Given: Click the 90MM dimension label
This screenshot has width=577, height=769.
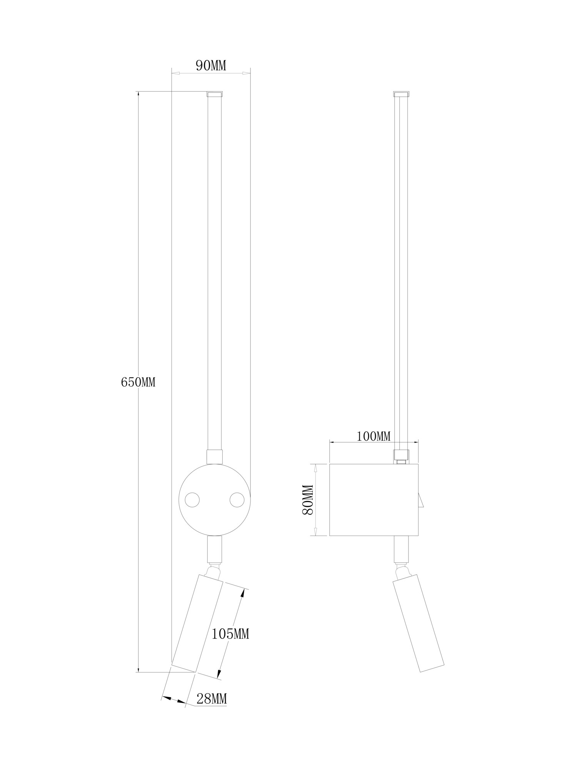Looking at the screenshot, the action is pos(211,66).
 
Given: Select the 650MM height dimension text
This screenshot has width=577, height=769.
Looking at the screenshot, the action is pos(138,382).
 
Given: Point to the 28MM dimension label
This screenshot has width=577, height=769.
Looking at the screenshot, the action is pos(212,699).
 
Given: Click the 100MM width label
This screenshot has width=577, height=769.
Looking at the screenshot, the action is pos(373,436).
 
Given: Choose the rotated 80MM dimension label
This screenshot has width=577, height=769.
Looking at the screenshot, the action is pos(308,499).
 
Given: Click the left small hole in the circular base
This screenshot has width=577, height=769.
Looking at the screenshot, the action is pos(192,500).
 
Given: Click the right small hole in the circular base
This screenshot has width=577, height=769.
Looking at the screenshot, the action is pos(237,500).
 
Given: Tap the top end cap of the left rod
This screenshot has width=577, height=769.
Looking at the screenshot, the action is pos(215,94).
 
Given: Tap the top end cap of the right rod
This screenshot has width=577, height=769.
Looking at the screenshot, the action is pos(401,94).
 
